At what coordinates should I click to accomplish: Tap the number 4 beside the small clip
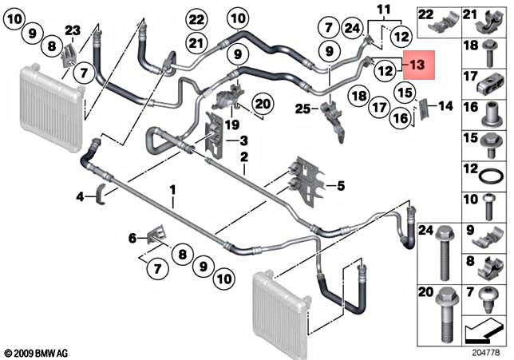pyautogui.click(x=80, y=195)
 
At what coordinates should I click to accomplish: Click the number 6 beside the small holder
pyautogui.click(x=133, y=237)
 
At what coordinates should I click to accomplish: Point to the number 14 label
pyautogui.click(x=445, y=105)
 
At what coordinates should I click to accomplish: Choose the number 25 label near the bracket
pyautogui.click(x=301, y=107)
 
